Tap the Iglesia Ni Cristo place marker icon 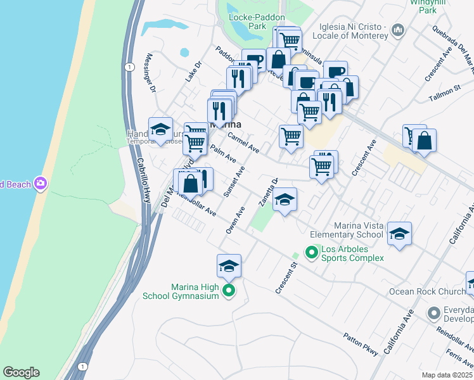pyautogui.click(x=399, y=29)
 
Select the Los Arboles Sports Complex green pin pyautogui.click(x=312, y=253)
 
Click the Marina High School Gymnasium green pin pyautogui.click(x=229, y=291)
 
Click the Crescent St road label pyautogui.click(x=286, y=279)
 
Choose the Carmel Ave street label pyautogui.click(x=243, y=142)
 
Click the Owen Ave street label pyautogui.click(x=234, y=220)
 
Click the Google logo pyautogui.click(x=21, y=372)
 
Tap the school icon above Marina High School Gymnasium pyautogui.click(x=229, y=266)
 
